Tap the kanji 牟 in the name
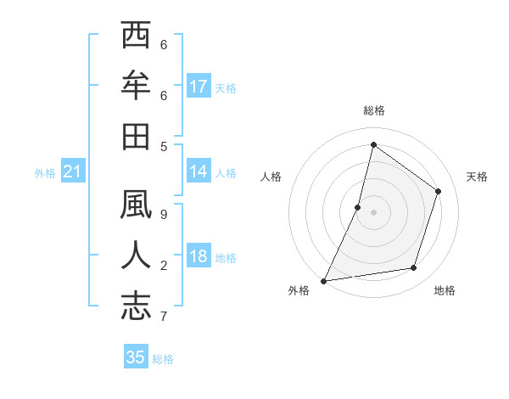[136, 87]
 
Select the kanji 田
[136, 136]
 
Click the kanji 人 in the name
[136, 256]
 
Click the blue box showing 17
[199, 87]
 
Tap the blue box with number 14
[199, 171]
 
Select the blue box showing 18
[199, 256]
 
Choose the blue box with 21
[73, 172]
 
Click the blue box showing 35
[136, 357]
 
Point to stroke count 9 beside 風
[164, 215]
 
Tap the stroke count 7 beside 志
[164, 317]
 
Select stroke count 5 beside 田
[164, 146]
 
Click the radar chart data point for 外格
[323, 281]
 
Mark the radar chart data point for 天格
[439, 191]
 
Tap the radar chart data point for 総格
[373, 144]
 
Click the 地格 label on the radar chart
[445, 290]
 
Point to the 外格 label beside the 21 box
[45, 173]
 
